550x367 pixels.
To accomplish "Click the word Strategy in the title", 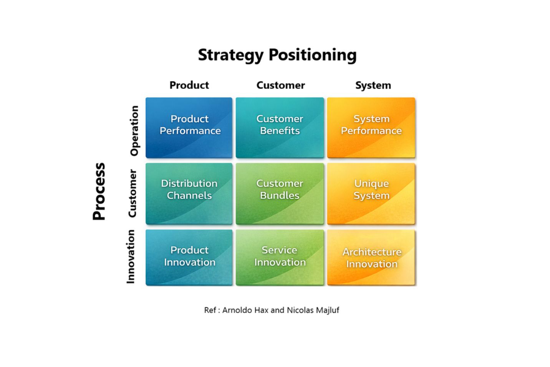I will coord(230,55).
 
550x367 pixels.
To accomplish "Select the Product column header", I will coord(189,85).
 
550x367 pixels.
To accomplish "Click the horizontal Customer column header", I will coord(280,85).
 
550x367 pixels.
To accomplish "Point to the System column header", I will coord(373,85).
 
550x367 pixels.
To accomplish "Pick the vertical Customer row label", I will coord(132,193).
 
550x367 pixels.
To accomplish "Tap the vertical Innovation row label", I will coord(131,257).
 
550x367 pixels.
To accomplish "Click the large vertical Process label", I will coord(99,191).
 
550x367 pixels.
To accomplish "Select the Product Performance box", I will coord(189,128).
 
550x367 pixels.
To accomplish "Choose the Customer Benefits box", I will coord(280,128).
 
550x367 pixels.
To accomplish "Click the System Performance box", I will coord(371,128).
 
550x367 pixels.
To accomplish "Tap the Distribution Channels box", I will coord(189,193).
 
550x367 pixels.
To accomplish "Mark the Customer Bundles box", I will coord(280,193).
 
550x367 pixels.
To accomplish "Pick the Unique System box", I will coord(371,193).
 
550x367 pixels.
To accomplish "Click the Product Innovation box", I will coord(189,257).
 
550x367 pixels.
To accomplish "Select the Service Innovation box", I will coord(280,257).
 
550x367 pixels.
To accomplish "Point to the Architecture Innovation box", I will coord(371,257).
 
